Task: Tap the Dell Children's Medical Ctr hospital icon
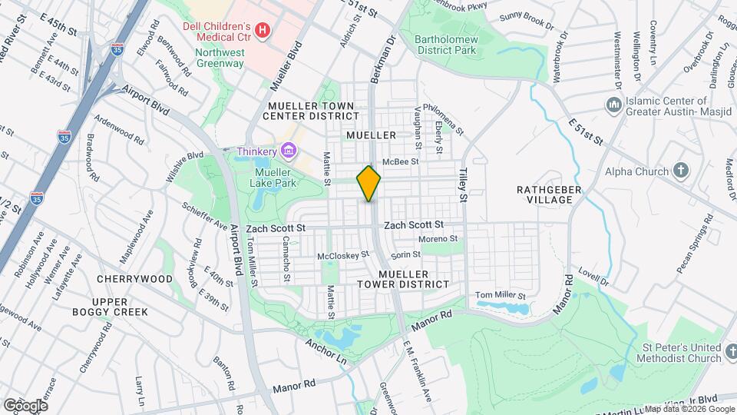click(x=263, y=30)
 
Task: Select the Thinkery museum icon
click(x=288, y=150)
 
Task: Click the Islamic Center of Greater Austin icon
click(x=613, y=105)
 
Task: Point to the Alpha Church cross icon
click(x=681, y=171)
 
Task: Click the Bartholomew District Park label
click(x=445, y=44)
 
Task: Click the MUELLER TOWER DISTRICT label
click(x=414, y=279)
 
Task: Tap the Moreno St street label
click(x=438, y=239)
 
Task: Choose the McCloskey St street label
click(x=343, y=254)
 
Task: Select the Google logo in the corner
click(x=25, y=405)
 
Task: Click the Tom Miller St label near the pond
click(x=500, y=295)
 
